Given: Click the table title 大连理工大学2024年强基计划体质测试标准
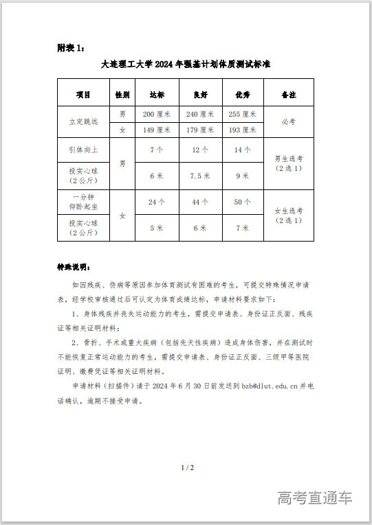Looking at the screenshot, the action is [x=186, y=65].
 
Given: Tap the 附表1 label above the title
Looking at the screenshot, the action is [x=72, y=47].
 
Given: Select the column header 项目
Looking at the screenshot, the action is [x=83, y=93].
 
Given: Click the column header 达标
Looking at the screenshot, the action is [x=156, y=93].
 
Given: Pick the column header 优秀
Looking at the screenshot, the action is [x=242, y=93].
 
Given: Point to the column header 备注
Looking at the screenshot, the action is [x=289, y=93].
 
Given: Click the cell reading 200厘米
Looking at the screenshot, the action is [x=156, y=114].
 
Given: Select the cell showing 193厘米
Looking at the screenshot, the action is [x=242, y=130].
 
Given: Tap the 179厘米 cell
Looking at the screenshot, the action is [x=199, y=130].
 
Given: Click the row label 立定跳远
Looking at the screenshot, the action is [x=83, y=121].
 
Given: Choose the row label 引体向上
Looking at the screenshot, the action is [x=83, y=150].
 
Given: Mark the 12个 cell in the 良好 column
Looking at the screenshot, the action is [x=199, y=150].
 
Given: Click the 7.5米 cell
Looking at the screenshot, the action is [x=199, y=176].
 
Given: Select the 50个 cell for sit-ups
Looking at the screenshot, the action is [x=242, y=202].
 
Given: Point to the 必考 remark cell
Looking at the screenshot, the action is [x=289, y=121].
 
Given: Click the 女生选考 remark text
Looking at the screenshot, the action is [x=289, y=211].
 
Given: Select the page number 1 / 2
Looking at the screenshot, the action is [x=187, y=468].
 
